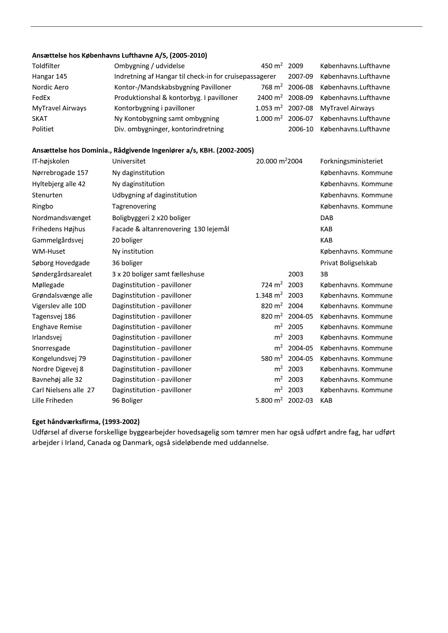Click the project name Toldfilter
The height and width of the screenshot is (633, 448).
click(x=46, y=66)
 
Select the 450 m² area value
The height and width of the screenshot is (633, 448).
click(x=272, y=66)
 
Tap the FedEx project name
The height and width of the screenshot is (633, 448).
click(x=41, y=98)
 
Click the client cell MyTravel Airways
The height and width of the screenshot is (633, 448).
click(x=347, y=108)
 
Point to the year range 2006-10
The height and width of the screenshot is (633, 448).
click(x=301, y=129)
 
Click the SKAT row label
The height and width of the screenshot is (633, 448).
click(x=40, y=119)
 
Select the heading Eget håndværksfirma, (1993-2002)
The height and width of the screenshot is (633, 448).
click(x=86, y=422)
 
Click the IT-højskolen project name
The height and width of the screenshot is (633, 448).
click(x=51, y=161)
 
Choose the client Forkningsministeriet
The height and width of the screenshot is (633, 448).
click(x=351, y=161)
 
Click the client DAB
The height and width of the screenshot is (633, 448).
click(x=327, y=218)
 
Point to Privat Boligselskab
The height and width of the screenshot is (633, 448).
click(x=348, y=263)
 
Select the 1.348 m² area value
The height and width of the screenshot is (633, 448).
click(x=269, y=296)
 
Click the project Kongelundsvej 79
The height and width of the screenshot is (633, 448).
click(x=59, y=359)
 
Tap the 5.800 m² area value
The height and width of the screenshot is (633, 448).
click(x=269, y=401)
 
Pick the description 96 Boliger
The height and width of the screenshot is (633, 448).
click(x=127, y=401)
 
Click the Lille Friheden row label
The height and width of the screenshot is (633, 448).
click(x=52, y=401)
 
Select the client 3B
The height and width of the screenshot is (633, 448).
click(x=324, y=274)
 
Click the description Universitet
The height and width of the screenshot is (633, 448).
click(x=129, y=161)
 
